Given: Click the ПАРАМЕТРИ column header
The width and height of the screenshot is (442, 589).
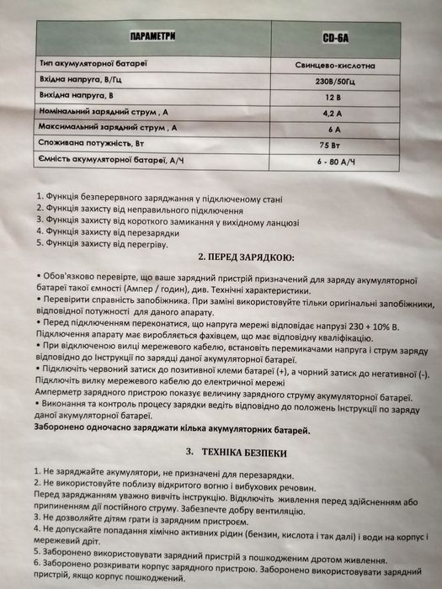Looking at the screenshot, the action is click(152, 38).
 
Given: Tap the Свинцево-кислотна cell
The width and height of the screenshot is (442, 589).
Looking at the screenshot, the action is click(341, 64).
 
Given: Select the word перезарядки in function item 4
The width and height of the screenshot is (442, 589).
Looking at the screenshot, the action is click(156, 232).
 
